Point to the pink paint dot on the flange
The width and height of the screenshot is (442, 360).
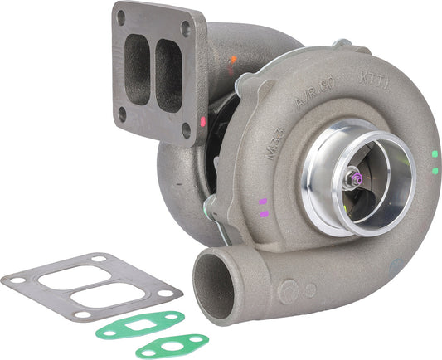(x=202, y=121)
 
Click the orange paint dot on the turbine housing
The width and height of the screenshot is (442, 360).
(x=233, y=60)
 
